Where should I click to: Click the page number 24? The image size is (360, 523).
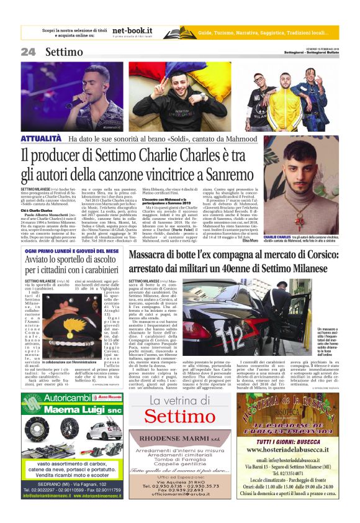29,52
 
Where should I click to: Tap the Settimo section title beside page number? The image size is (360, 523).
65,52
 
